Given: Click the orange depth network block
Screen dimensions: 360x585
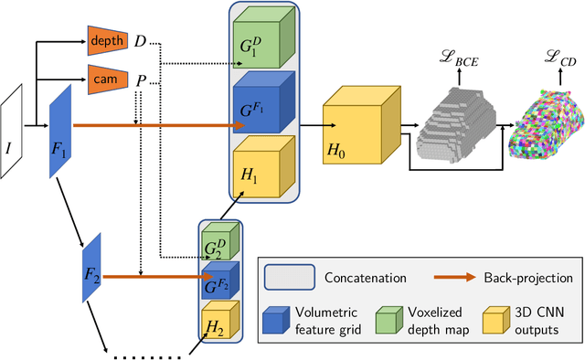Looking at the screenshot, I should click(x=107, y=40).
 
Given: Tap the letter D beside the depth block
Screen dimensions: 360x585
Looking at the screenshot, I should click(x=140, y=40).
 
